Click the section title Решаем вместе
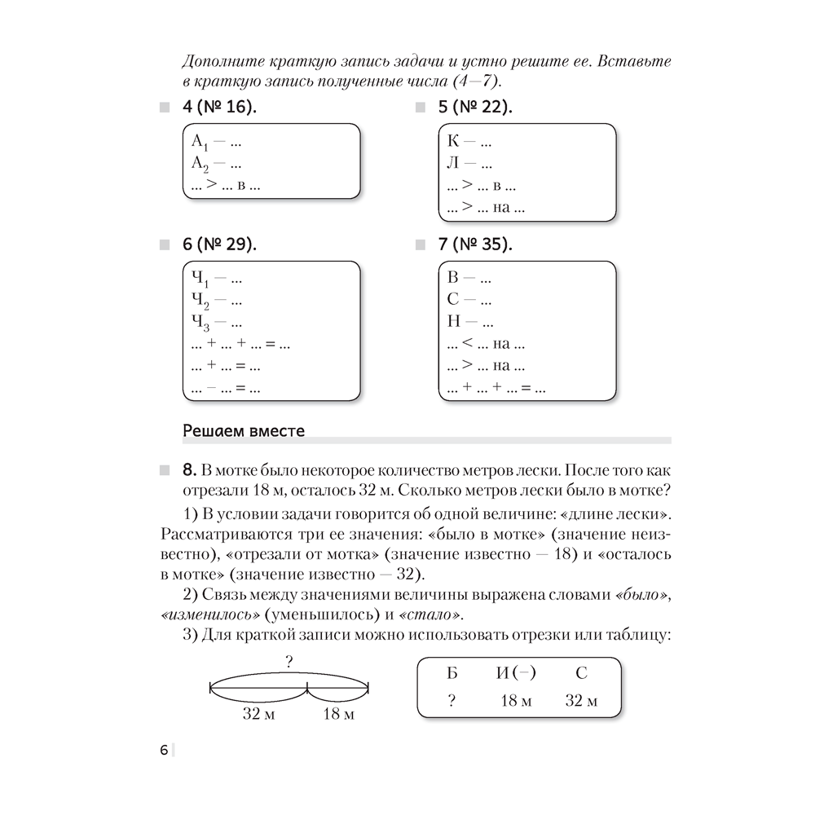pos(244,431)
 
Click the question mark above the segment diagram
pos(289,663)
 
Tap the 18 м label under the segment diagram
pos(338,715)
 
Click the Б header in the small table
pos(452,673)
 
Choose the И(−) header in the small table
pos(515,673)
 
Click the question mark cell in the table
pos(452,701)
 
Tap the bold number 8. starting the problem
pos(189,469)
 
